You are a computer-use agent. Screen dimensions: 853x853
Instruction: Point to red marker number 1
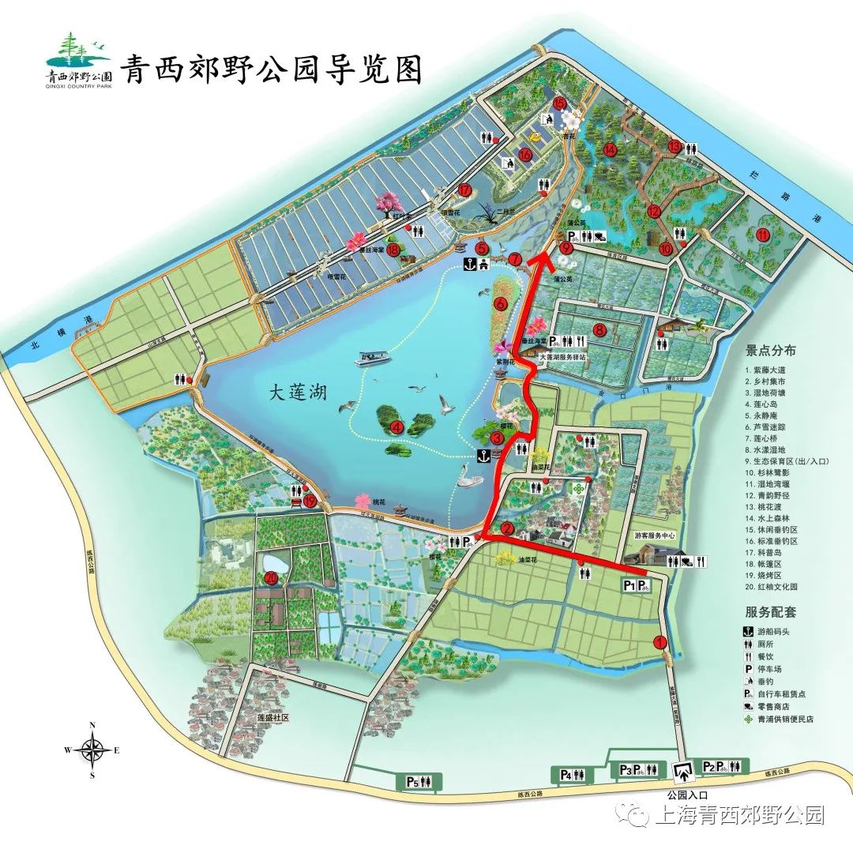click(x=660, y=643)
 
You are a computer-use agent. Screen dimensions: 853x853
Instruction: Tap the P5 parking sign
click(x=411, y=782)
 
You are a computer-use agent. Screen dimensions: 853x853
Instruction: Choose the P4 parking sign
click(x=566, y=775)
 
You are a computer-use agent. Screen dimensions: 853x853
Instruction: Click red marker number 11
click(x=762, y=235)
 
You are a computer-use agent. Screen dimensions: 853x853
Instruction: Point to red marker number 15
click(x=560, y=103)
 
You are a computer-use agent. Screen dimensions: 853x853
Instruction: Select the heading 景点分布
click(x=771, y=351)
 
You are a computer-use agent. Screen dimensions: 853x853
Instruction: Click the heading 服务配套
click(x=771, y=611)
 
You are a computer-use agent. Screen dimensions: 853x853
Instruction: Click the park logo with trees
click(x=77, y=57)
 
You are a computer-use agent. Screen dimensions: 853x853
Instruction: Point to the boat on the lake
click(x=375, y=358)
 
